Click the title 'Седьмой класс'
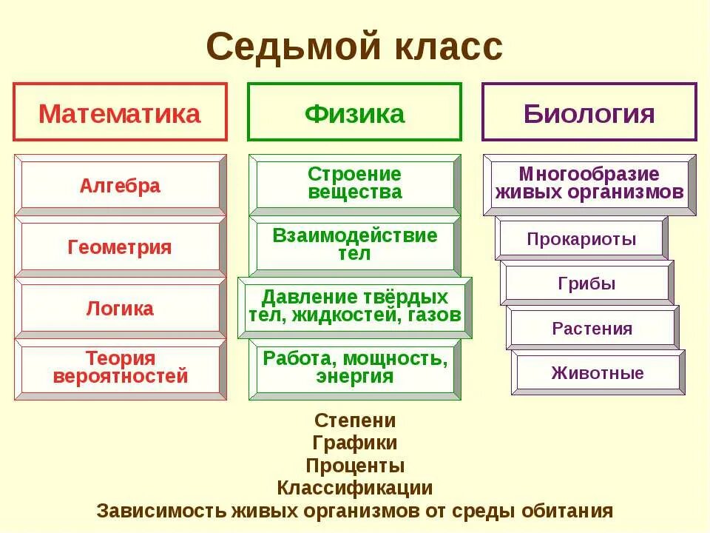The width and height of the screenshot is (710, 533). click(x=354, y=48)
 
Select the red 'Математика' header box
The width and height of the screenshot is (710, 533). click(x=120, y=113)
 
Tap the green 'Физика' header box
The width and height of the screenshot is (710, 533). click(x=354, y=113)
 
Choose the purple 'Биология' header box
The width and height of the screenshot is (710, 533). click(x=589, y=113)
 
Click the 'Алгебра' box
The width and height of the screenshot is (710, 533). click(x=120, y=185)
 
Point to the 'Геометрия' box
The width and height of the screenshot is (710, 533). click(x=120, y=247)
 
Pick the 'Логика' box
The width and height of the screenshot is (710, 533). click(x=120, y=308)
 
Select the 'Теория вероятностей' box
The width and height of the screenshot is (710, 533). click(x=120, y=368)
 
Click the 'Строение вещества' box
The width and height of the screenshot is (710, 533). click(x=354, y=184)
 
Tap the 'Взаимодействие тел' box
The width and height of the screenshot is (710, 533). click(x=354, y=245)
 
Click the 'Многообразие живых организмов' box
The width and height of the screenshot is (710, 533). click(x=589, y=184)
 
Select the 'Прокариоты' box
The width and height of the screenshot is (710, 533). click(x=581, y=238)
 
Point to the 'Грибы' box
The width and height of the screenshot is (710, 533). click(x=586, y=283)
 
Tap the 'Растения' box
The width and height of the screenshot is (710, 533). click(x=592, y=328)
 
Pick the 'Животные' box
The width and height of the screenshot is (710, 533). click(x=598, y=372)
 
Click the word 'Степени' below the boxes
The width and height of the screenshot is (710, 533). click(x=355, y=420)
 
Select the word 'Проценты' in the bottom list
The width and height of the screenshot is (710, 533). click(x=355, y=466)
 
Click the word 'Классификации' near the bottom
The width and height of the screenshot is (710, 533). click(x=355, y=488)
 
